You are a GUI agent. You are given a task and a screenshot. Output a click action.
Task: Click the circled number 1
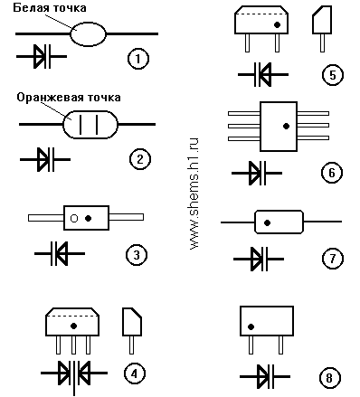point(138,59)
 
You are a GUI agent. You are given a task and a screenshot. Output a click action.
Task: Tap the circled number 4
point(135,373)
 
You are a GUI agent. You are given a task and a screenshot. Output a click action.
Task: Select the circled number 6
point(332,173)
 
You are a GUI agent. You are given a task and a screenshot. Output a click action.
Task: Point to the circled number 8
point(329,378)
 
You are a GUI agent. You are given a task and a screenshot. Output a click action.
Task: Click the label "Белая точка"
point(50,8)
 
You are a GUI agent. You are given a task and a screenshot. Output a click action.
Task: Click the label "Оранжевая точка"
point(69,98)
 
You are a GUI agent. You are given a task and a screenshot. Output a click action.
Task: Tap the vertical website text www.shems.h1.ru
point(194,194)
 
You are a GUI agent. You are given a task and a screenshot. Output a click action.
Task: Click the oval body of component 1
point(89,34)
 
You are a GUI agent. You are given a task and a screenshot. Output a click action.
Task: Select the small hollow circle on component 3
point(74,218)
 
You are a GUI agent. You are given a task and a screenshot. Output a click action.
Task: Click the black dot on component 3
point(88,218)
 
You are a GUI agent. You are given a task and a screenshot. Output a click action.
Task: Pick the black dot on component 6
point(286,126)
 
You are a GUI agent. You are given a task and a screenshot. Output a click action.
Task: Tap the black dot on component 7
point(267,222)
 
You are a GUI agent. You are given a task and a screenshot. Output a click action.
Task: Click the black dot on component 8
point(251,326)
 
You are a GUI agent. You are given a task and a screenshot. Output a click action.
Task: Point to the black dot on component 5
point(277,24)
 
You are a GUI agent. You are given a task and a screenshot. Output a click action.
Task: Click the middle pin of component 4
point(73,345)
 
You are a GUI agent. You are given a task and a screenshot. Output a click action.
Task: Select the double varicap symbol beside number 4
point(74,373)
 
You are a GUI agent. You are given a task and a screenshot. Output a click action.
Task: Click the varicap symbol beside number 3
point(60,253)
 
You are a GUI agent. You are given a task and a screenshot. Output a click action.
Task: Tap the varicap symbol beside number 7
point(259,259)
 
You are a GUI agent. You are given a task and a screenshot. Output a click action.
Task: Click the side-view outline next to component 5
point(322,29)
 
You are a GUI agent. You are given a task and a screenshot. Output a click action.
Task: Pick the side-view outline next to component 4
point(132,331)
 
